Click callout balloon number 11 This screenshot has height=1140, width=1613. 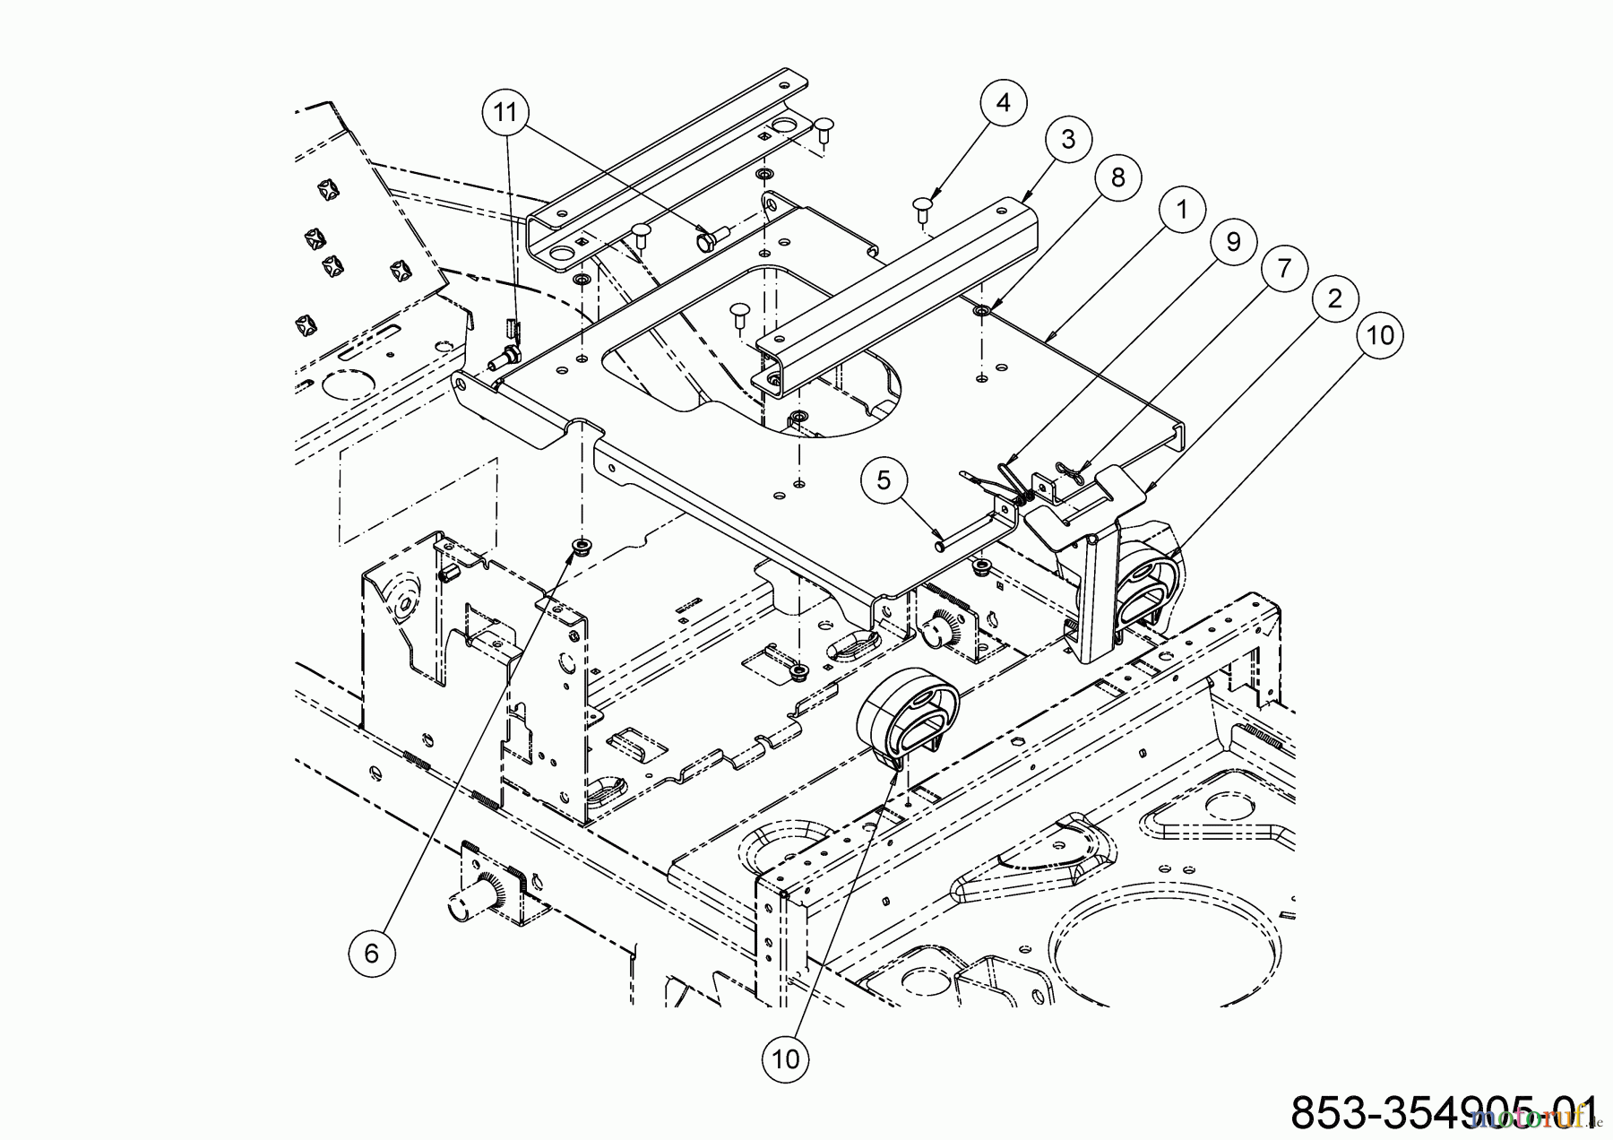coord(505,114)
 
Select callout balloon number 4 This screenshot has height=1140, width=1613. coord(1004,103)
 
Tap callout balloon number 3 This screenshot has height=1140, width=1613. coord(1065,139)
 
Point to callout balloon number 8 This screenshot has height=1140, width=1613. coord(1117,177)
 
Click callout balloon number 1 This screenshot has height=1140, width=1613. coord(1181,210)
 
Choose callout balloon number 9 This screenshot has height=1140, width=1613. coord(1232,242)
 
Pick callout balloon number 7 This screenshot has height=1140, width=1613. coord(1283,269)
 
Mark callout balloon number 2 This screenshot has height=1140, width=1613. coord(1334,299)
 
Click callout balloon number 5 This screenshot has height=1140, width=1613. coord(885,480)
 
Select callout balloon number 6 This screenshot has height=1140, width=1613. coord(372,954)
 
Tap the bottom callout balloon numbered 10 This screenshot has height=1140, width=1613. coord(785,1058)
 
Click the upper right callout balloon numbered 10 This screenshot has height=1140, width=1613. coord(1380,335)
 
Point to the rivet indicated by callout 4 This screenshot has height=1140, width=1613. coord(924,207)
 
